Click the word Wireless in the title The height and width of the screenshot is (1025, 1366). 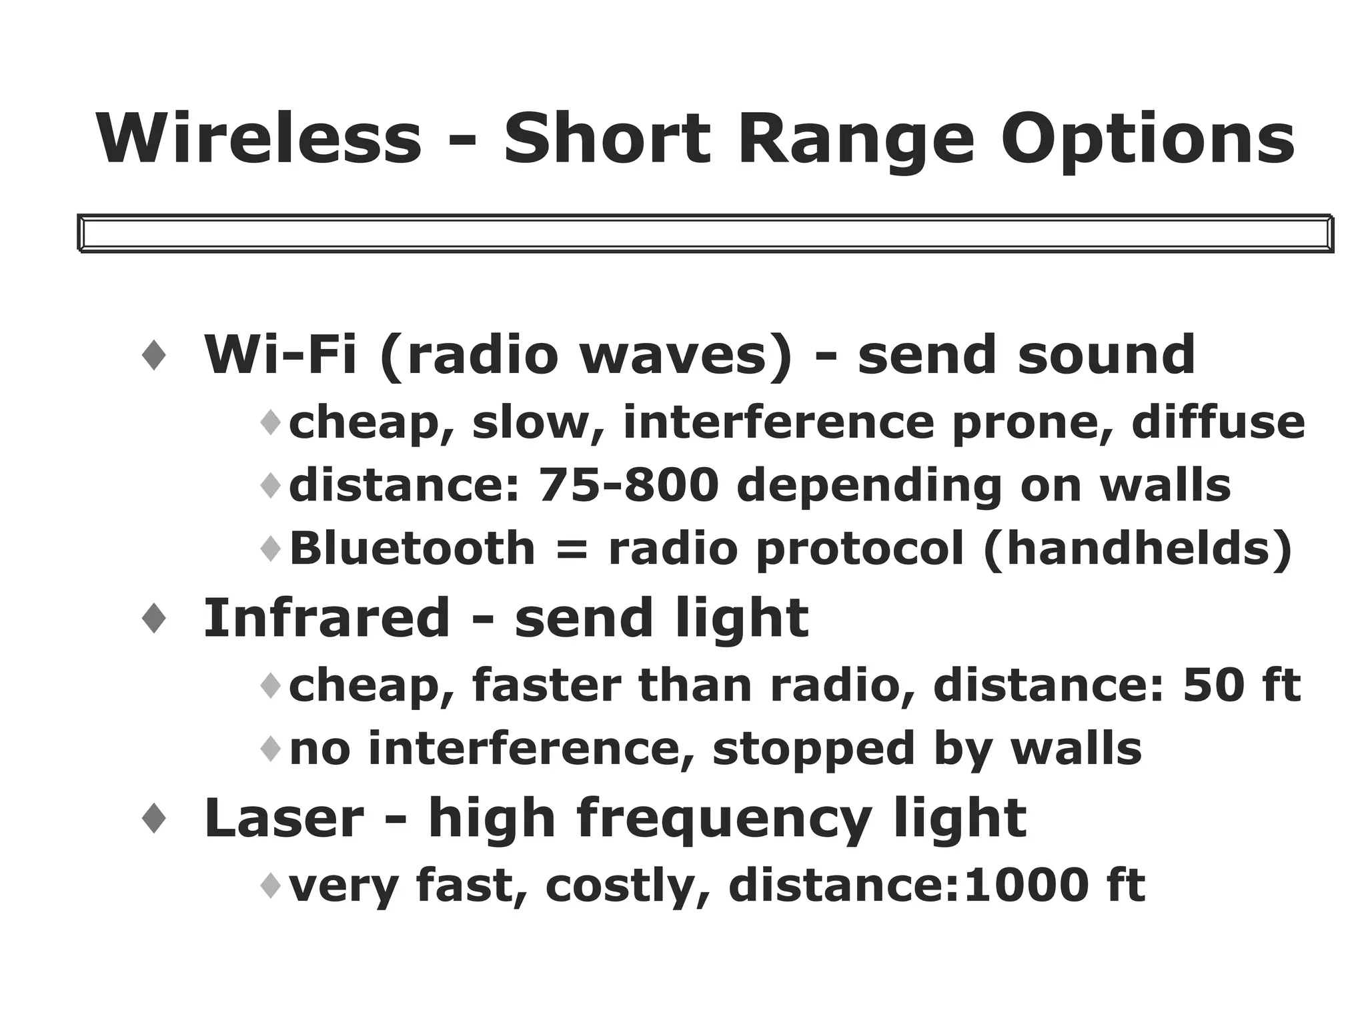click(259, 139)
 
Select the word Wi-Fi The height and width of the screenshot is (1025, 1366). click(280, 354)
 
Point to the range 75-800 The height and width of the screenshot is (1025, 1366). click(628, 485)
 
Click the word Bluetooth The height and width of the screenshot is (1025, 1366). click(412, 549)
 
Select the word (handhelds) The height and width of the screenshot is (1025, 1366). click(1138, 549)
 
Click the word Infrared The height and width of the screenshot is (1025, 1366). click(327, 618)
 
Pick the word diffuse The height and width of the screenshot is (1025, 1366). click(1218, 422)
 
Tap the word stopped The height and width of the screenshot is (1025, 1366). click(814, 749)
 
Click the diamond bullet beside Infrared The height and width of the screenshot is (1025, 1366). click(154, 618)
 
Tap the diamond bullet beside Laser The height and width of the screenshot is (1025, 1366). click(154, 818)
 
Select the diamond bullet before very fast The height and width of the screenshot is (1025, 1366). click(271, 886)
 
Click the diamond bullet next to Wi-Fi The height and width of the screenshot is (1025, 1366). click(154, 354)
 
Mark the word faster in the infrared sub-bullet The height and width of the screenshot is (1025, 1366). click(546, 685)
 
